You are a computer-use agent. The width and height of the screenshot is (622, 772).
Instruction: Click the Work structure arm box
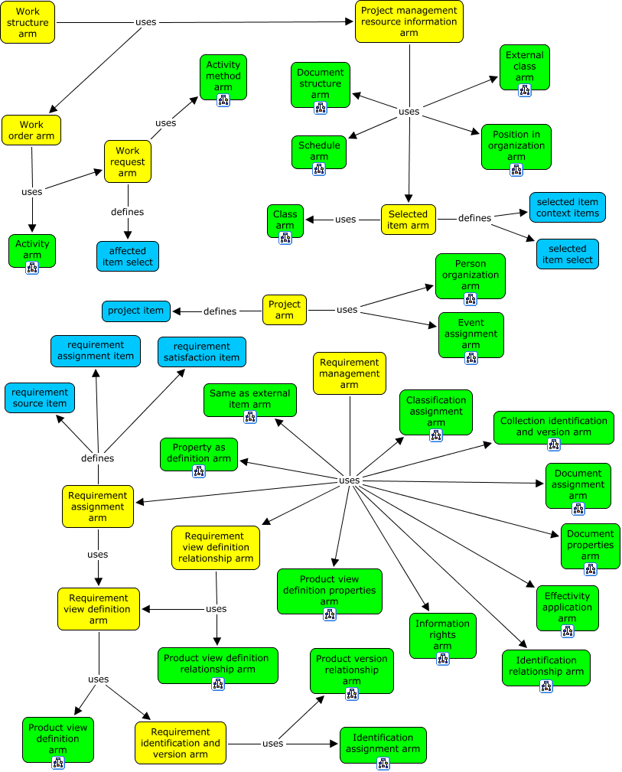click(x=28, y=22)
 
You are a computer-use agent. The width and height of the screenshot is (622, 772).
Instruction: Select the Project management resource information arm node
click(x=409, y=21)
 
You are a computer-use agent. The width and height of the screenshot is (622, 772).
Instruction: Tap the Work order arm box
click(x=31, y=130)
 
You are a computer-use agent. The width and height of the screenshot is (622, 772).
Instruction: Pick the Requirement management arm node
click(x=350, y=373)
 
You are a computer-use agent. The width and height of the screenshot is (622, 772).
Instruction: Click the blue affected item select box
click(x=128, y=256)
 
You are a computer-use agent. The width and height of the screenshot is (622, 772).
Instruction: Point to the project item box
click(x=135, y=311)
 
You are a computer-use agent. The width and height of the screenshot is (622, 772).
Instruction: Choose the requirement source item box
click(x=40, y=398)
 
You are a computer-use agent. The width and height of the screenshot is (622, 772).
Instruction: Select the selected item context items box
click(x=568, y=207)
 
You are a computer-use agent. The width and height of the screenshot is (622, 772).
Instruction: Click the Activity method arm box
click(x=223, y=76)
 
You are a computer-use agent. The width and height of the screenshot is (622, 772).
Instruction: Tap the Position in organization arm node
click(x=516, y=145)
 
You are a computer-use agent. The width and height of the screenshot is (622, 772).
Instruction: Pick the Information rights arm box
click(x=443, y=635)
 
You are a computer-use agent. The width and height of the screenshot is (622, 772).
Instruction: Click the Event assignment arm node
click(x=471, y=334)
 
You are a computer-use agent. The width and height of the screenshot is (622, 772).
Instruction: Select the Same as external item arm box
click(x=249, y=399)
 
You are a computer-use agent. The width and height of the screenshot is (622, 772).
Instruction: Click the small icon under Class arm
click(x=285, y=238)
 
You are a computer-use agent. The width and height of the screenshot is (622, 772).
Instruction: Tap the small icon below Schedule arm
click(x=319, y=169)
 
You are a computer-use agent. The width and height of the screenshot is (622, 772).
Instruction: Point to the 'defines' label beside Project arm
click(x=220, y=311)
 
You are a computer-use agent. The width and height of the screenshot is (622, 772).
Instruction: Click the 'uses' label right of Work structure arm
click(x=145, y=22)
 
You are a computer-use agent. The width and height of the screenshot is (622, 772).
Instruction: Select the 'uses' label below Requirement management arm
click(x=349, y=480)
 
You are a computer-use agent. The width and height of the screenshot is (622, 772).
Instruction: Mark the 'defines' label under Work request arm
click(x=127, y=212)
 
